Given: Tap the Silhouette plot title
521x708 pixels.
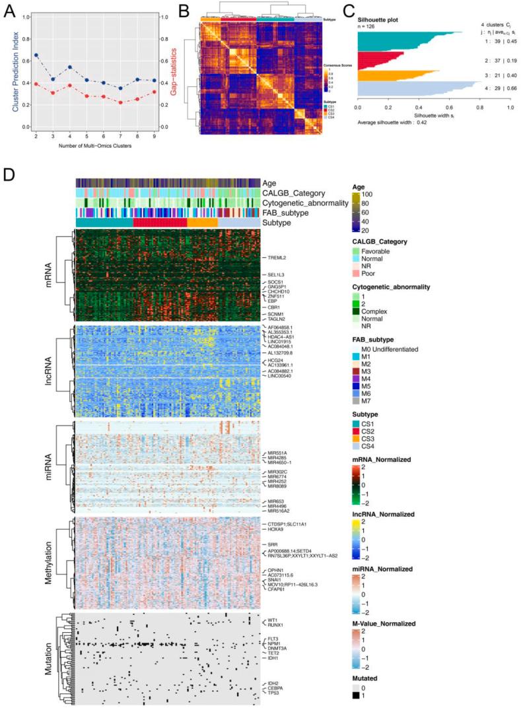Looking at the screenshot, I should [379, 20].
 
